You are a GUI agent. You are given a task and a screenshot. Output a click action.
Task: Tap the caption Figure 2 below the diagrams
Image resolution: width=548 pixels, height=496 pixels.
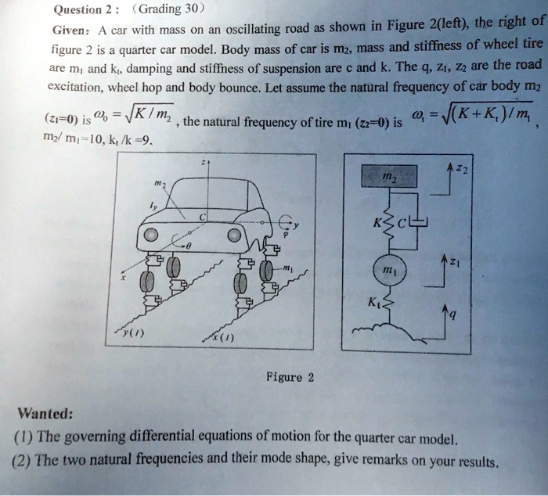[x=290, y=377]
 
